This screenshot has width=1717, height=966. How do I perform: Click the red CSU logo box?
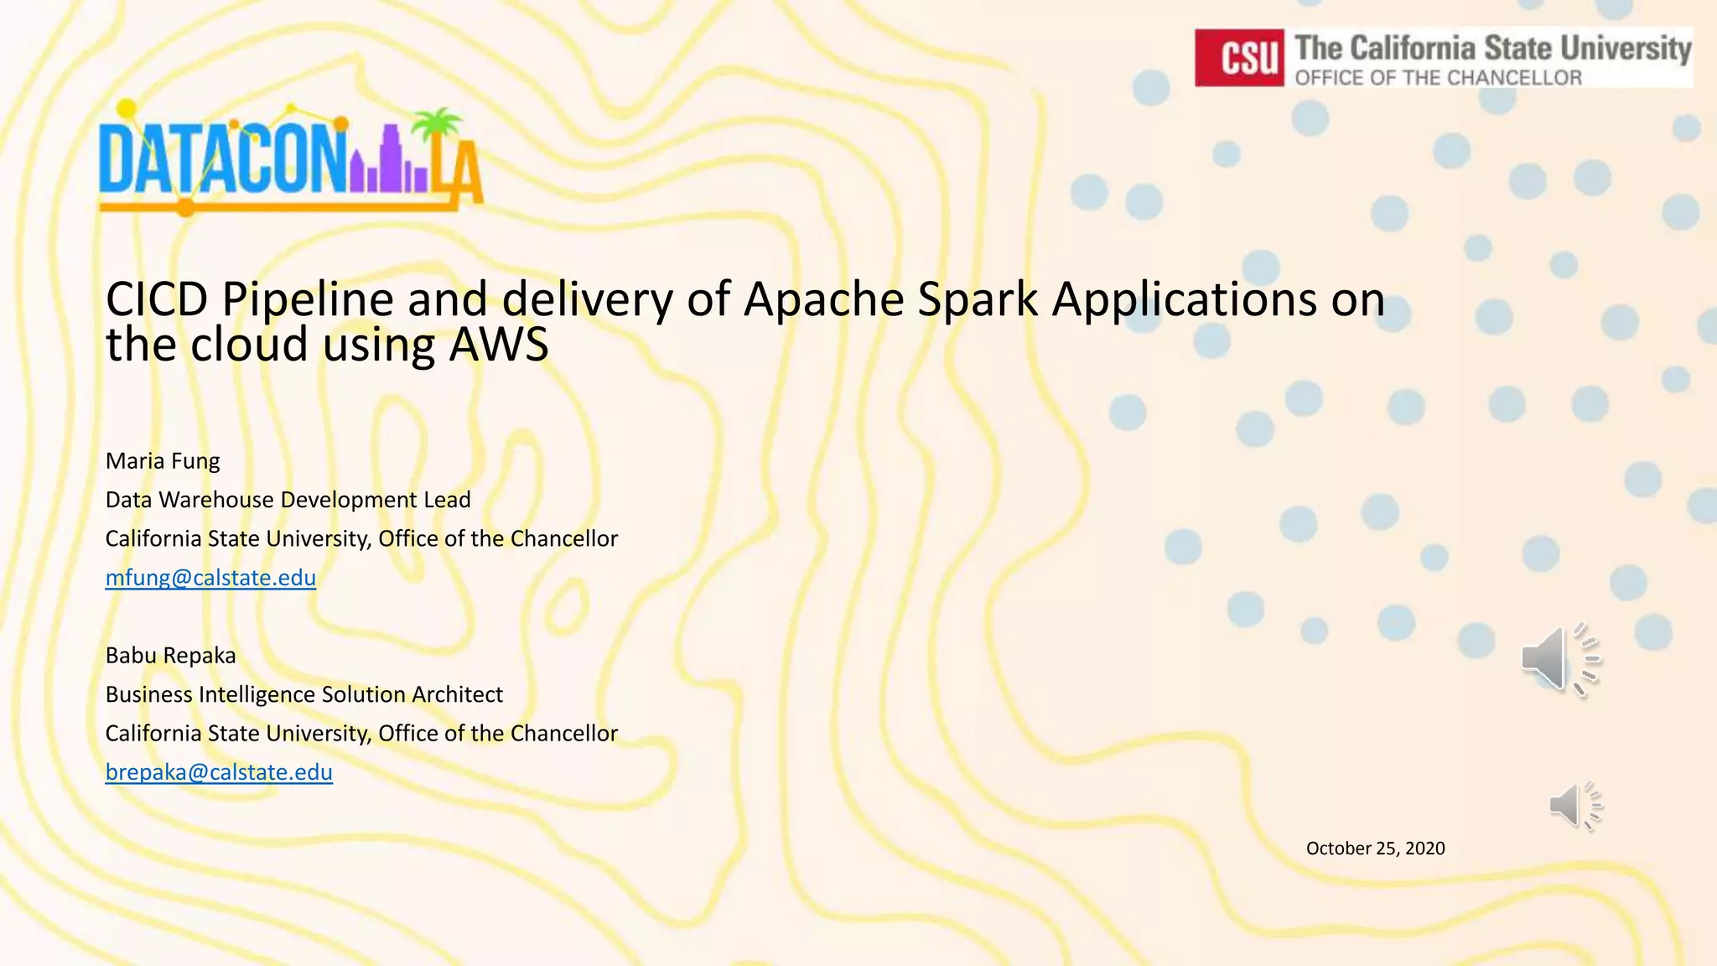(1238, 58)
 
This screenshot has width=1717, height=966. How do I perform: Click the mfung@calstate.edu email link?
(210, 578)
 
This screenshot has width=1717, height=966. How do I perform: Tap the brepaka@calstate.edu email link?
(219, 772)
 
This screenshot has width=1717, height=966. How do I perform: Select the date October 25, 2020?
(1375, 849)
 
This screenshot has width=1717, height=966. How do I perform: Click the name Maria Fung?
(163, 461)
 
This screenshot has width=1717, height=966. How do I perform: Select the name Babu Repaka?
(170, 656)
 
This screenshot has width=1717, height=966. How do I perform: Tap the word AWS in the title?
(499, 345)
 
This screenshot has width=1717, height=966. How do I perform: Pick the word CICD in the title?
(156, 299)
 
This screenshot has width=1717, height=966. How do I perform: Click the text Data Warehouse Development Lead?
(288, 500)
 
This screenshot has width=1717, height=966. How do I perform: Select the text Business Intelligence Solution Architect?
(303, 694)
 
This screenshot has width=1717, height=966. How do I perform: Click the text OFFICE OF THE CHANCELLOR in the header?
(1438, 78)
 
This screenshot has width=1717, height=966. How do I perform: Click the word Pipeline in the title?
(308, 299)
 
